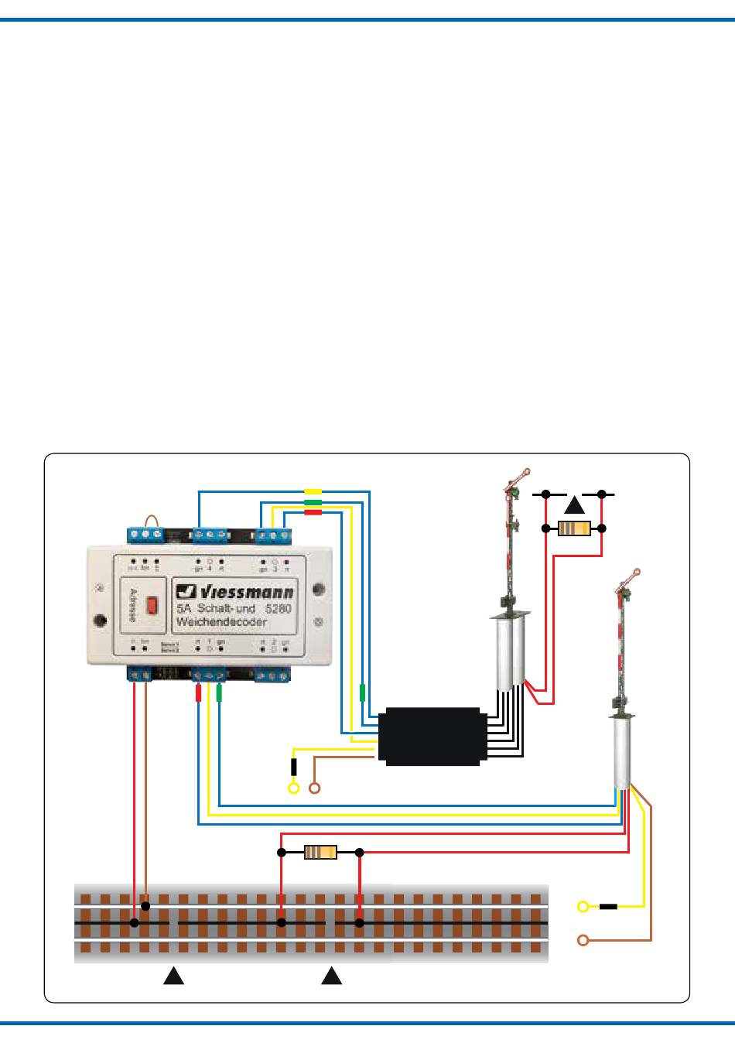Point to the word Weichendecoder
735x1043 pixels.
tap(221, 622)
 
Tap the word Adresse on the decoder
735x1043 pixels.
tap(132, 607)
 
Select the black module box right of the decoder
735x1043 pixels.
tap(432, 736)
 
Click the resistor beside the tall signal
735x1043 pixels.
tap(574, 528)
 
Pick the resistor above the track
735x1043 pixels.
tap(320, 853)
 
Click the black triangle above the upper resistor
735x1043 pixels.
tap(575, 506)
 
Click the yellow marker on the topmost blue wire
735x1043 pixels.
tap(313, 491)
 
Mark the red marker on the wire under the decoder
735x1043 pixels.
tap(199, 692)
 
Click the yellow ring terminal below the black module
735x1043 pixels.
tap(293, 788)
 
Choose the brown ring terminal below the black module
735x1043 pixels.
tap(314, 788)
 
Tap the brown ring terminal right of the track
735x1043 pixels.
tap(583, 940)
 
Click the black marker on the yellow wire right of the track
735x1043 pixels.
tap(608, 906)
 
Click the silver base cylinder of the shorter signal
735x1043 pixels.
tap(620, 751)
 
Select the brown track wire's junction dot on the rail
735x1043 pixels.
tap(145, 905)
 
